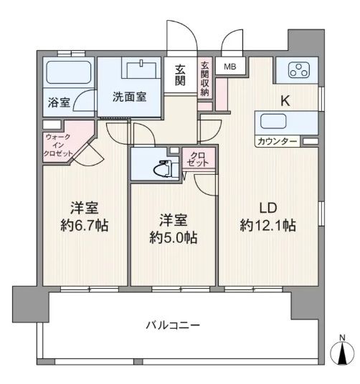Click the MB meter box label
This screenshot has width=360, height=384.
click(x=231, y=68)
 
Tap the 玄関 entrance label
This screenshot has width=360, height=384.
click(x=179, y=75)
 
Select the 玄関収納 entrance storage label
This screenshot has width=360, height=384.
click(x=204, y=79)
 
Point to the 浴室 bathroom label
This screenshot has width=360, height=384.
click(x=59, y=102)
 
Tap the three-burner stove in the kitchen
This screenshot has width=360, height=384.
click(x=299, y=70)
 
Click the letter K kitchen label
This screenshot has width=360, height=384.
click(x=285, y=102)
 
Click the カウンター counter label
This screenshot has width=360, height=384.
click(x=278, y=142)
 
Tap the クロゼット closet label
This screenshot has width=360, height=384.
click(x=198, y=159)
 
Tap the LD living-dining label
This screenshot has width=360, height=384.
click(x=268, y=207)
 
